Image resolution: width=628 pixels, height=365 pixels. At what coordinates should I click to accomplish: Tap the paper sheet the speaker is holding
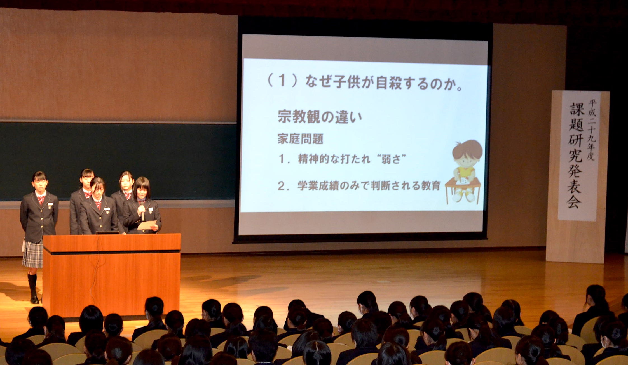[x=146, y=225]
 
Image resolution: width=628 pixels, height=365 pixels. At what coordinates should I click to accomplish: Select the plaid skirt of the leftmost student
[x=32, y=254]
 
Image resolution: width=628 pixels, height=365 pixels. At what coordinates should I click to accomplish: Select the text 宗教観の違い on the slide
[x=320, y=116]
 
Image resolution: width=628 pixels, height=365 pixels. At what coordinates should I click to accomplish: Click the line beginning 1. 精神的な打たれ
[x=342, y=159]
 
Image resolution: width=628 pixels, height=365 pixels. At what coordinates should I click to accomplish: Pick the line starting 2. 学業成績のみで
[x=359, y=186]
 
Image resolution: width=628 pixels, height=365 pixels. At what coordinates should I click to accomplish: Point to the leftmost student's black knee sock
[x=32, y=285]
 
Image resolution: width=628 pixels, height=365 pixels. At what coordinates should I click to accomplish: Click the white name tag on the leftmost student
[x=50, y=204]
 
